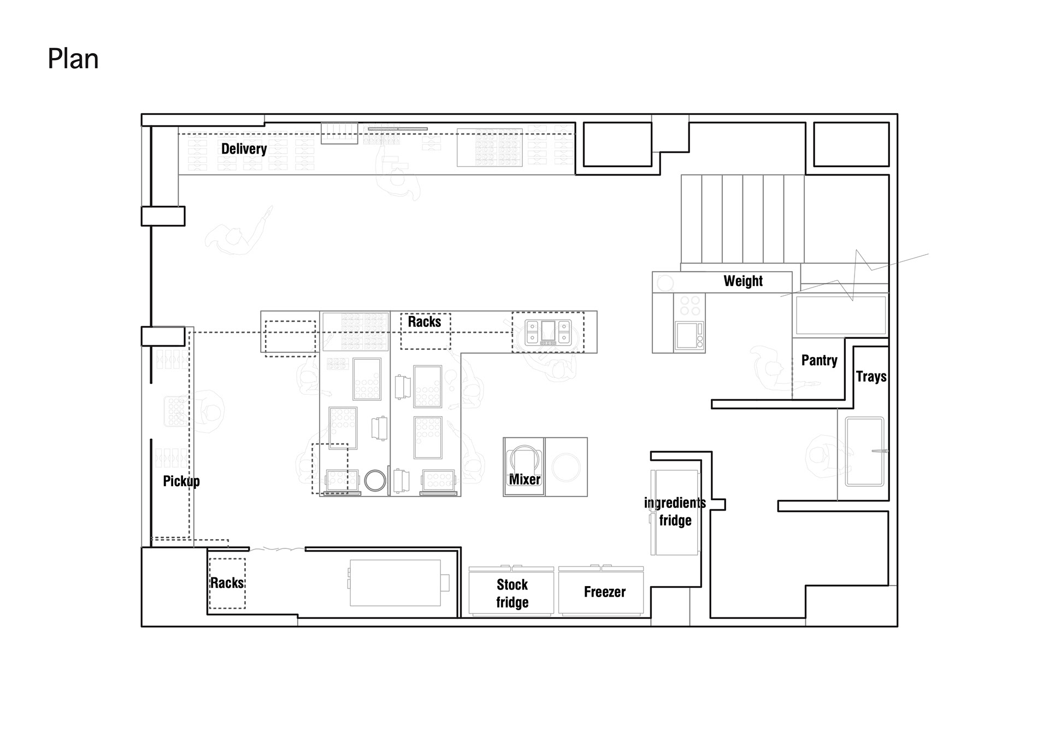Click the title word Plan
tap(73, 59)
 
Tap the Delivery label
tap(244, 149)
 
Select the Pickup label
tap(181, 481)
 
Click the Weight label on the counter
tap(743, 281)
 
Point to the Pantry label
tap(819, 360)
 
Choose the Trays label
tap(871, 377)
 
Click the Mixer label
tap(524, 480)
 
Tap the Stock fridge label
tap(512, 593)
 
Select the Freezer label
tap(604, 592)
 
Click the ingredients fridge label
tap(675, 511)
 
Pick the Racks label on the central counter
tap(425, 322)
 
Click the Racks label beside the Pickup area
tap(227, 583)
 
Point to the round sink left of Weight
tap(665, 283)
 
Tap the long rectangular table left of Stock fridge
tap(396, 582)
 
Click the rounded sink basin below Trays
tap(864, 452)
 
